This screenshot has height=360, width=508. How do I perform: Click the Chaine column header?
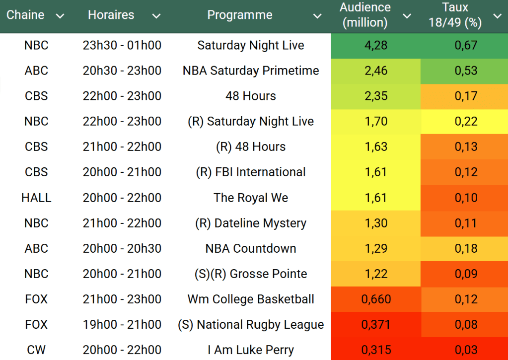point(25,15)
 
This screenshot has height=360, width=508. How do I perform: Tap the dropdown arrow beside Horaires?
point(156,16)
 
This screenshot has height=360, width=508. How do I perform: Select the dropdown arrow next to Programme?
point(317,16)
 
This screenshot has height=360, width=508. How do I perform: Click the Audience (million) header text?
point(365,15)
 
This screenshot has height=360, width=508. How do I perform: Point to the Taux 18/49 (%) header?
point(455,15)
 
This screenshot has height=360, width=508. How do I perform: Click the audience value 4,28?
point(375,46)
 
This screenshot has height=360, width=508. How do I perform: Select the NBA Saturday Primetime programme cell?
point(251,71)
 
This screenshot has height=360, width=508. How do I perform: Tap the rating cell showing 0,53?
point(466,71)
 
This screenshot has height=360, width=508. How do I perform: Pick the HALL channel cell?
point(36,198)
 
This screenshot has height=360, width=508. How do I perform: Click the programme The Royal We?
point(251,198)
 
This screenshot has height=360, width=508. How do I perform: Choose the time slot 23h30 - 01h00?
point(122,46)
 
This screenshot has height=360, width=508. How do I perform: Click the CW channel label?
point(36,350)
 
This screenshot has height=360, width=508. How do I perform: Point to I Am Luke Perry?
point(251,350)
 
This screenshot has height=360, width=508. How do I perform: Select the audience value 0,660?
point(375,299)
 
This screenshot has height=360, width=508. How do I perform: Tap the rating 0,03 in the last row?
point(466,350)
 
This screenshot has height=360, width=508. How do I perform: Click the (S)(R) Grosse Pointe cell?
point(251,274)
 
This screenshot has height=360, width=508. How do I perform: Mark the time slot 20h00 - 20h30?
point(122,249)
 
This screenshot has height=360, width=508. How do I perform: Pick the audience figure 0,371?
point(375,325)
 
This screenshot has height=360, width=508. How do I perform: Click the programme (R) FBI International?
point(251,173)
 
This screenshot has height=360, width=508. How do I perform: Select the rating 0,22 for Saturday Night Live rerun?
point(466,122)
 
